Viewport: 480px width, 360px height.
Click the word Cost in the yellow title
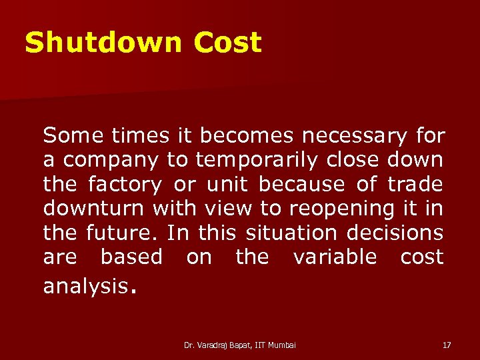coord(228,43)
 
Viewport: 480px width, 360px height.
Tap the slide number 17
coord(446,345)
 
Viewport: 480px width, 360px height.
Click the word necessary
coord(353,136)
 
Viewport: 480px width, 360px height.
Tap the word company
coord(110,161)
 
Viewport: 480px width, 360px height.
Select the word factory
coord(124,185)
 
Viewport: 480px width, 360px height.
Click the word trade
coord(416,185)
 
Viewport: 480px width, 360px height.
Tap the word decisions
coord(401,233)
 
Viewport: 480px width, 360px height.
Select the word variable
coord(335,257)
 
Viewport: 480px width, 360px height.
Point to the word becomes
coord(247,136)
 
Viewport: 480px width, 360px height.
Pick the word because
coord(301,185)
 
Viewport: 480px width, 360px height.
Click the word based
coord(131,257)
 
